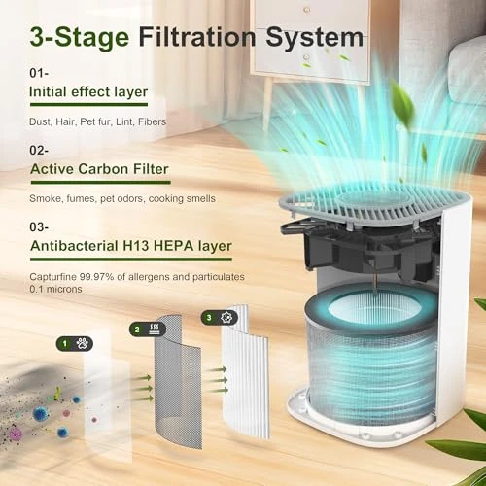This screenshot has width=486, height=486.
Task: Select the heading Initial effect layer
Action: coord(88,92)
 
